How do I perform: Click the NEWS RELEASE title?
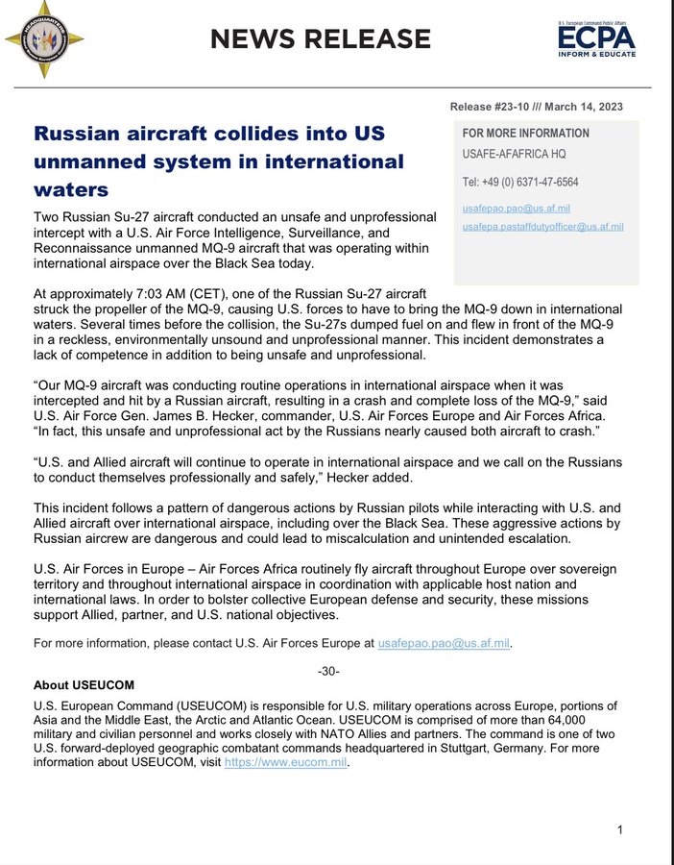point(321,39)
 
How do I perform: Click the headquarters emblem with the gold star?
point(43,40)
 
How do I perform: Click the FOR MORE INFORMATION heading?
point(526,134)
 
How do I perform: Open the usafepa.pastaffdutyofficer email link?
point(543,227)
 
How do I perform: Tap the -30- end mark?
point(328,670)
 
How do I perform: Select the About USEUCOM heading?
point(84,685)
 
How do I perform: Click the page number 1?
point(620,829)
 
